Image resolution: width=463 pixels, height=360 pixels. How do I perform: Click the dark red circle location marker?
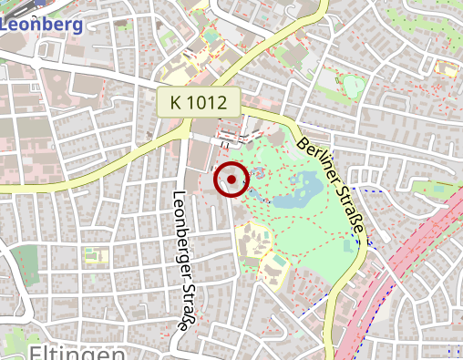(231, 180)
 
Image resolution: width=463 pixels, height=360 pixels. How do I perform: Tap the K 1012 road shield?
(198, 102)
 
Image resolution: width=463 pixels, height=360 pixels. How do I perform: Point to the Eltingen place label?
(77, 352)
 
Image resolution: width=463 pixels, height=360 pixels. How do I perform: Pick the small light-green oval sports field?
(355, 87)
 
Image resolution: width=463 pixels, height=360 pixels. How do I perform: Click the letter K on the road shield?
(176, 102)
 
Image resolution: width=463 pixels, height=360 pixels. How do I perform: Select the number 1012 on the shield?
(207, 102)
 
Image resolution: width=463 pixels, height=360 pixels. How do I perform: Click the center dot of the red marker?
(231, 180)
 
